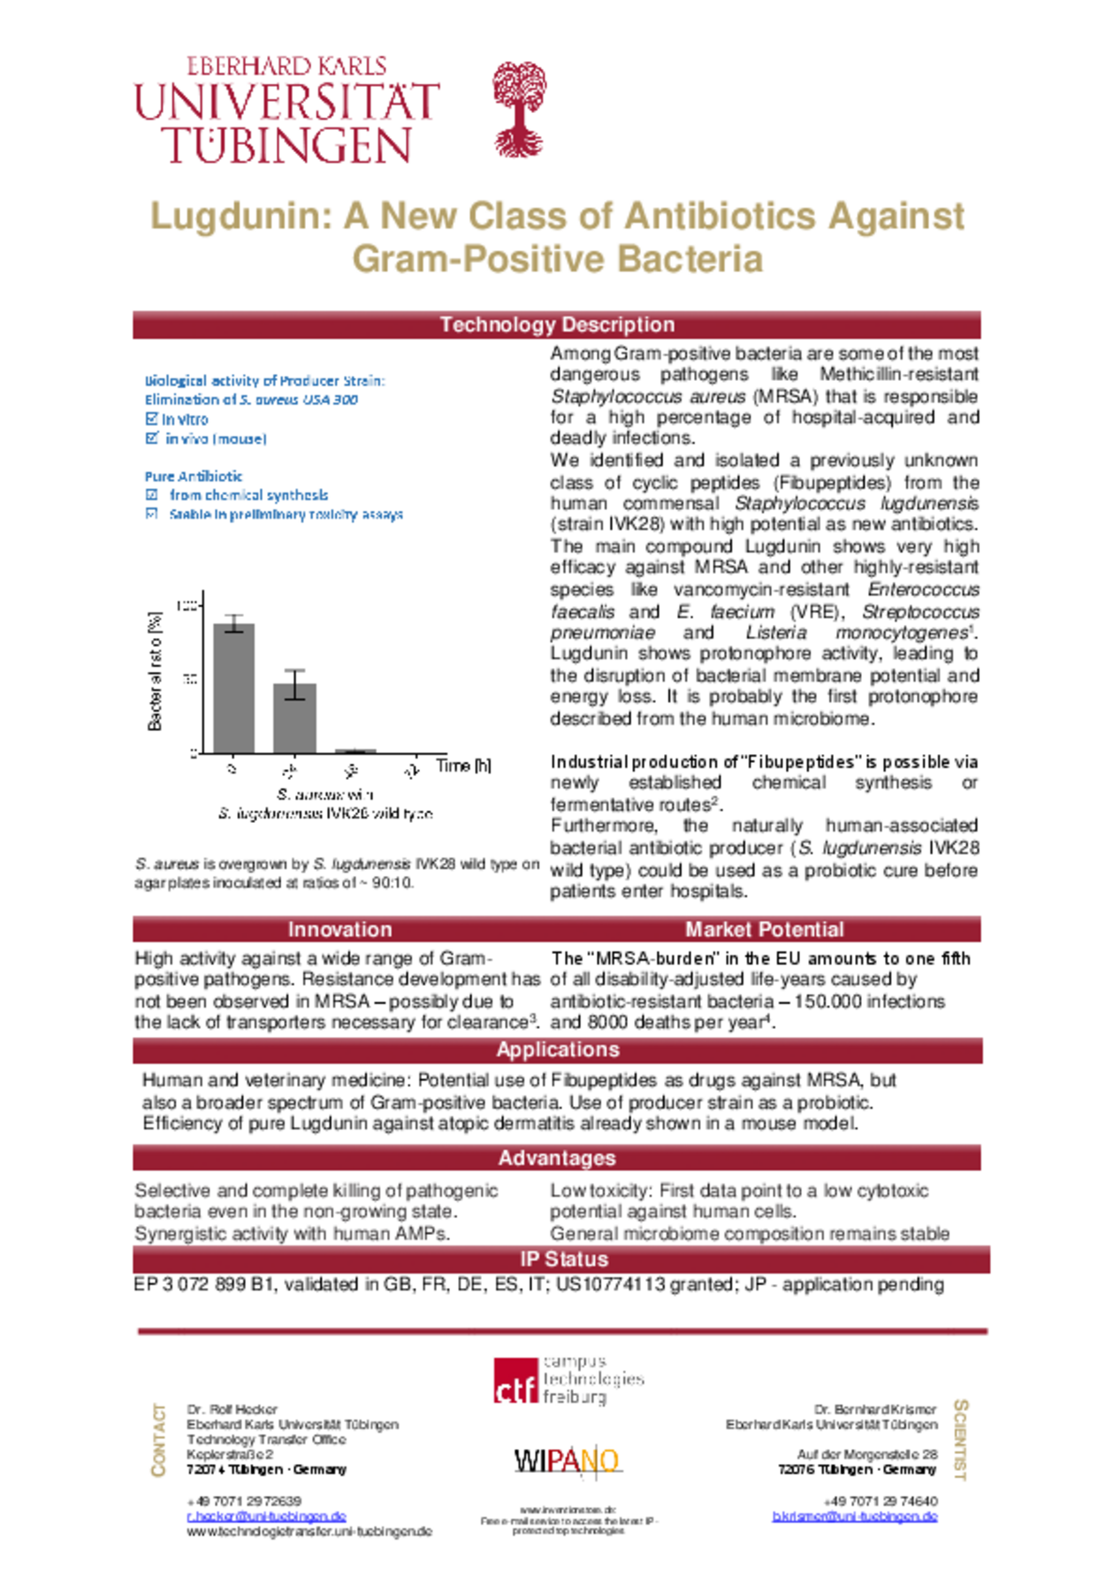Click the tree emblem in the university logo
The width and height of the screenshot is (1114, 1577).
click(519, 109)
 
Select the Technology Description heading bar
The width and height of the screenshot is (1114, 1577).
click(557, 324)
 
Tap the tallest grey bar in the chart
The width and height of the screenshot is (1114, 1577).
click(234, 688)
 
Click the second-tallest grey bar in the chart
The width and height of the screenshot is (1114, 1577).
click(294, 717)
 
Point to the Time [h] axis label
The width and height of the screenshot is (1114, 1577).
click(463, 766)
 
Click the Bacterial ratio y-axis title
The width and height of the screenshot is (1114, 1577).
click(156, 671)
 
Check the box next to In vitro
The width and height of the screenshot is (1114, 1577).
click(152, 419)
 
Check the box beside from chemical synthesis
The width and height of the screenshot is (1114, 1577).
click(152, 495)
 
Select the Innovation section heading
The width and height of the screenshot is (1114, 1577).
click(340, 929)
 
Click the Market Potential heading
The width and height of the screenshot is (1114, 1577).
click(764, 929)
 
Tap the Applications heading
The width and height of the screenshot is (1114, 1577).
click(557, 1050)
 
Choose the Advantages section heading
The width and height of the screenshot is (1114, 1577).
click(557, 1158)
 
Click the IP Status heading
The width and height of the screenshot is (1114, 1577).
click(563, 1259)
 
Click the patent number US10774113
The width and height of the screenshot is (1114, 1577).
click(610, 1284)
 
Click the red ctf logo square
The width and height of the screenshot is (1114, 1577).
click(515, 1382)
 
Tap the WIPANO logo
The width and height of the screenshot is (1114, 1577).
click(567, 1461)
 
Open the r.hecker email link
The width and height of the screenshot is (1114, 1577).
click(266, 1516)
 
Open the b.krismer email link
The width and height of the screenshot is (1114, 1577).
click(854, 1516)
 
